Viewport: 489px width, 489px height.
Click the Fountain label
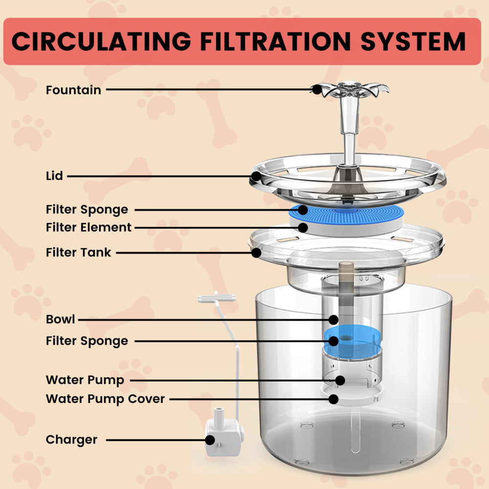(x=73, y=90)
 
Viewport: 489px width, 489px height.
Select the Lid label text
(x=54, y=176)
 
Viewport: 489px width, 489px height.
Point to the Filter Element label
(x=89, y=227)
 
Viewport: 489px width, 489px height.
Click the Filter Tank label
(x=78, y=252)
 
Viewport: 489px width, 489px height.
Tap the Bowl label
(x=60, y=319)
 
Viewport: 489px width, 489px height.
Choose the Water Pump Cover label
(x=105, y=399)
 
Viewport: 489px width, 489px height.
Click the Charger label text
(x=71, y=440)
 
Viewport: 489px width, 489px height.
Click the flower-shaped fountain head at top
(x=350, y=89)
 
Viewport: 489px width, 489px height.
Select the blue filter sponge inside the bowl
(x=351, y=341)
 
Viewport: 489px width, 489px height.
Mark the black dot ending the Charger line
(x=210, y=440)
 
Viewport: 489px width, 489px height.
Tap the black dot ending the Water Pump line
(x=340, y=380)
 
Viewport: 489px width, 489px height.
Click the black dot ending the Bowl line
(x=333, y=320)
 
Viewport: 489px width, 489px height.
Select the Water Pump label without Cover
(x=85, y=380)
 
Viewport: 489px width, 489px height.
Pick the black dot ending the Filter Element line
(x=303, y=227)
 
